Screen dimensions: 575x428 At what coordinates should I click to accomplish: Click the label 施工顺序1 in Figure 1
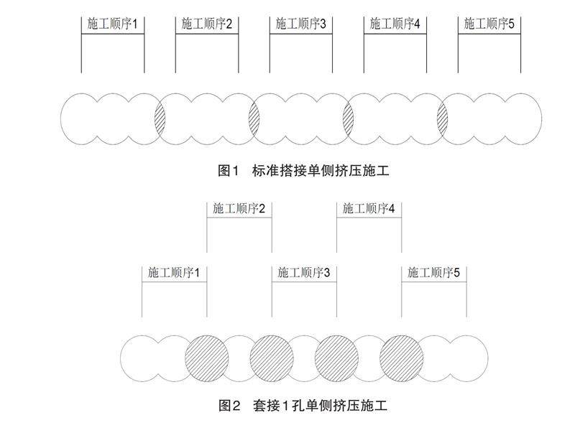[113, 24]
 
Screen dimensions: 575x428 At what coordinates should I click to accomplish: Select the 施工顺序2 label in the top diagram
[207, 24]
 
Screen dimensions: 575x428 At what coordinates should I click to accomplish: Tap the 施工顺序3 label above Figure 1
[301, 24]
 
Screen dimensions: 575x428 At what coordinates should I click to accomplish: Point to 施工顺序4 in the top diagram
[395, 24]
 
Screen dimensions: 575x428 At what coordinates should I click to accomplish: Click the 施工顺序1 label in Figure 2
[174, 273]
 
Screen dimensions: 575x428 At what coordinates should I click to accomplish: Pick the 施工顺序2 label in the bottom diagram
[239, 209]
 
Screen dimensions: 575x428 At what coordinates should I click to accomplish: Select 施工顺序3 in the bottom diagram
[304, 273]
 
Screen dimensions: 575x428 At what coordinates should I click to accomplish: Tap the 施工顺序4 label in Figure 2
[369, 209]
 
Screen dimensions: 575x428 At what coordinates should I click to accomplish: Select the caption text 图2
[228, 406]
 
